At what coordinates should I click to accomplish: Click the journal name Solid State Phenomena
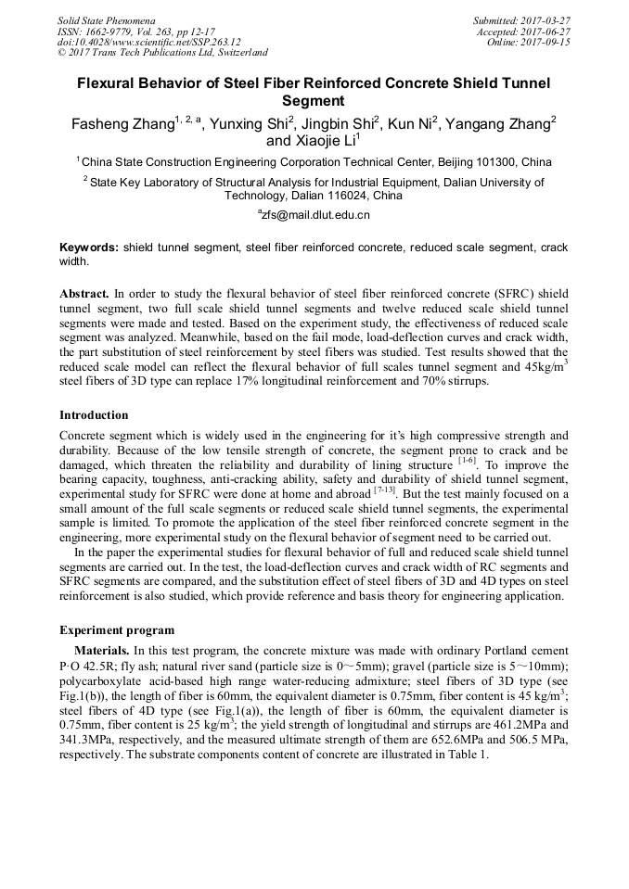[x=106, y=19]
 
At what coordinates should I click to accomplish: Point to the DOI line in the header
[x=148, y=42]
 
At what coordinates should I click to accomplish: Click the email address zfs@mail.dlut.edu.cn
[x=315, y=215]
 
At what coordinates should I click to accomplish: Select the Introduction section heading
[x=94, y=414]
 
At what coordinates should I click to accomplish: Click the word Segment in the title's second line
[x=314, y=101]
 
